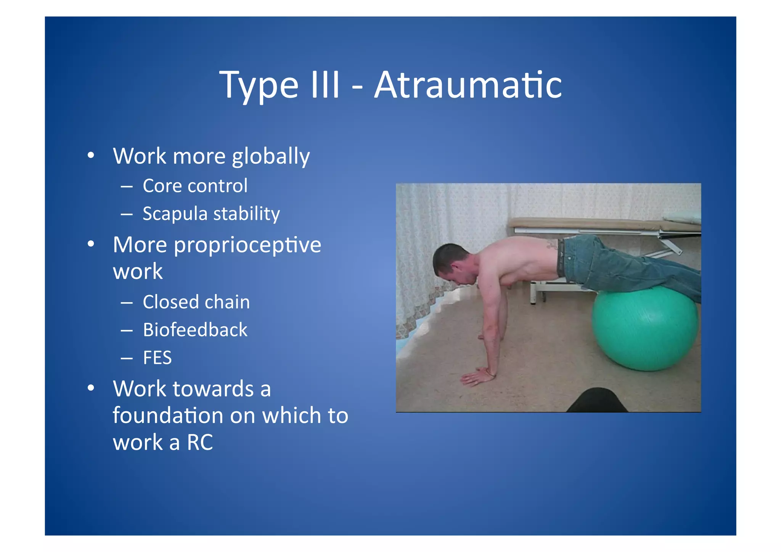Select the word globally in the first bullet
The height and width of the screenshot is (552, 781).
point(271,157)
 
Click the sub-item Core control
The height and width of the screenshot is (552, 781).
point(195,186)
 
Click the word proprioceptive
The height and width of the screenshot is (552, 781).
point(247,245)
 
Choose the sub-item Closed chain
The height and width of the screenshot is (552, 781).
point(196,302)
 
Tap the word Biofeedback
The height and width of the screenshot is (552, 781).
point(195,330)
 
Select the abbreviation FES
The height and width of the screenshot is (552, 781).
point(157,358)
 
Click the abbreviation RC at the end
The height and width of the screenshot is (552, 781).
point(200,443)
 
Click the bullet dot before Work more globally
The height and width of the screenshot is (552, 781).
point(90,156)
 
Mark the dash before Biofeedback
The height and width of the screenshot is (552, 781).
point(127,330)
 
